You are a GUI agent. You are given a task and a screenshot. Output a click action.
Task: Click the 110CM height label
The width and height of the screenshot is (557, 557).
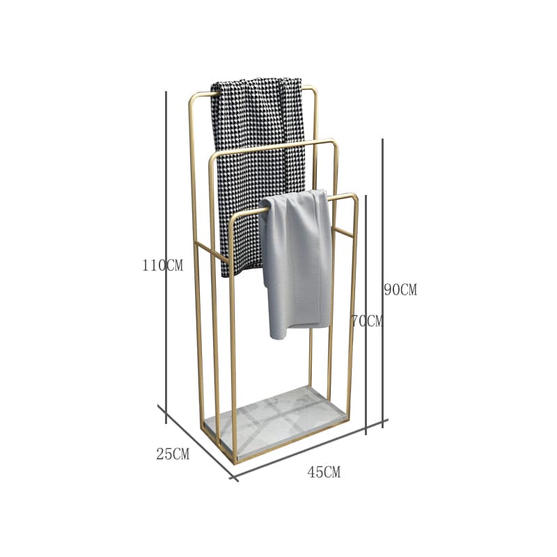click(x=163, y=265)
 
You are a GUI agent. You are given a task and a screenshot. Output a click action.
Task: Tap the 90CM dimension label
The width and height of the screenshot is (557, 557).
click(x=400, y=290)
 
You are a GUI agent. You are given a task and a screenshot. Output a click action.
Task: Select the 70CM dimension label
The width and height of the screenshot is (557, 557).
click(x=368, y=321)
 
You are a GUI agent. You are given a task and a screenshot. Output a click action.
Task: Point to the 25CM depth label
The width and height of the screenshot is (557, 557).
click(x=173, y=454)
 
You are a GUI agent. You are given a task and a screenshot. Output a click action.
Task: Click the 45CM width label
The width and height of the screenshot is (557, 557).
click(x=324, y=472)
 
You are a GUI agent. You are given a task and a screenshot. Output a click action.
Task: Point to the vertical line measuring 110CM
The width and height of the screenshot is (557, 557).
click(x=166, y=258)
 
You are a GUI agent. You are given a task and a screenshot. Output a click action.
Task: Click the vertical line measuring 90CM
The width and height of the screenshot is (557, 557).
click(x=382, y=283)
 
